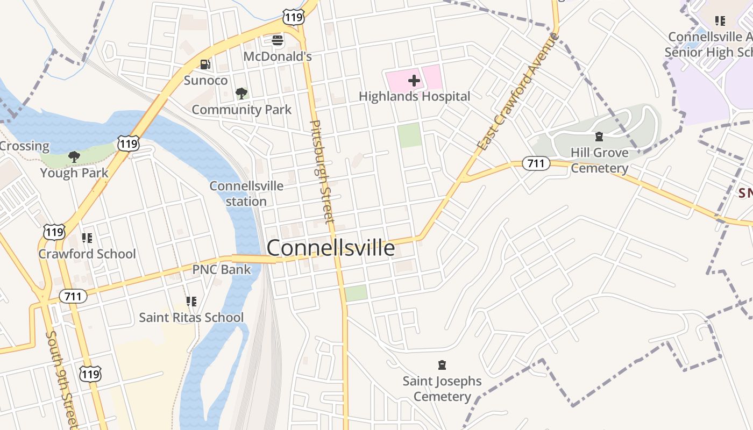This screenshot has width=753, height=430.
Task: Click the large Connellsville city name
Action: click(330, 248)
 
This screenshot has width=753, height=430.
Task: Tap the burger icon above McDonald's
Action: click(278, 40)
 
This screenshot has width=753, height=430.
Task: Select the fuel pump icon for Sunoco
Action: click(205, 64)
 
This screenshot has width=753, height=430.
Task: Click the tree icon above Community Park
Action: click(241, 94)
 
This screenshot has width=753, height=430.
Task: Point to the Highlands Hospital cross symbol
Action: click(414, 81)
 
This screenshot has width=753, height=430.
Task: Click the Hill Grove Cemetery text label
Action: click(599, 160)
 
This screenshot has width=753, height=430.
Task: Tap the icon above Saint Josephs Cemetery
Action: click(442, 365)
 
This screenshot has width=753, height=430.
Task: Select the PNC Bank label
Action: click(222, 269)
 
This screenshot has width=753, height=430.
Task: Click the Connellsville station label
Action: click(246, 193)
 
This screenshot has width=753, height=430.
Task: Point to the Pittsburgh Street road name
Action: click(322, 172)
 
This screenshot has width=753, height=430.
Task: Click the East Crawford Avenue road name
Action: click(518, 92)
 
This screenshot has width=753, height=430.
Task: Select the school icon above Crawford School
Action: click(87, 238)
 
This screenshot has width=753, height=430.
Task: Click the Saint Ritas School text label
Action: click(191, 317)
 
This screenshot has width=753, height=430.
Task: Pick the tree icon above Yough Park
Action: click(74, 157)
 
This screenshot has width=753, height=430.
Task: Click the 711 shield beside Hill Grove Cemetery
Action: click(536, 163)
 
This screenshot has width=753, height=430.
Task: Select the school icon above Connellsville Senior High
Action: click(720, 21)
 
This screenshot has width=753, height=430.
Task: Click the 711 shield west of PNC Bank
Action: click(73, 296)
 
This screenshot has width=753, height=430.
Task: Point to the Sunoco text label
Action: click(205, 81)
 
